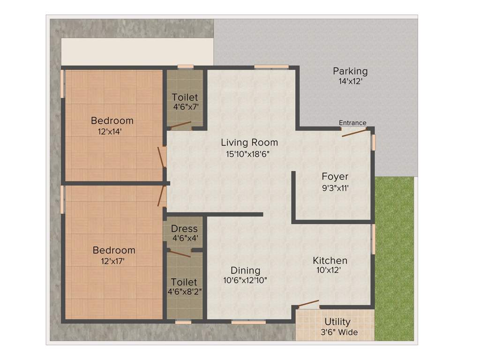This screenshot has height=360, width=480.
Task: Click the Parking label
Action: pyautogui.click(x=350, y=71)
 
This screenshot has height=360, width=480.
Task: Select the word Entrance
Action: pyautogui.click(x=352, y=123)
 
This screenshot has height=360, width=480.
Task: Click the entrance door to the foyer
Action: pyautogui.click(x=354, y=132)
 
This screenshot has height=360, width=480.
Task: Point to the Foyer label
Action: pyautogui.click(x=335, y=177)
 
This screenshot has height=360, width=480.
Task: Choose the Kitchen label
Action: pyautogui.click(x=330, y=261)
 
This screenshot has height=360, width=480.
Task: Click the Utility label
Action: pyautogui.click(x=337, y=322)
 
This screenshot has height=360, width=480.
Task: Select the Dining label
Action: pyautogui.click(x=245, y=270)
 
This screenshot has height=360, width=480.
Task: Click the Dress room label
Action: pyautogui.click(x=184, y=229)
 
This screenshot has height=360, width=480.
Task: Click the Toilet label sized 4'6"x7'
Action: pyautogui.click(x=185, y=97)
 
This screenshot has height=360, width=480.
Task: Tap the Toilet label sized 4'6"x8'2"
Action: pyautogui.click(x=184, y=282)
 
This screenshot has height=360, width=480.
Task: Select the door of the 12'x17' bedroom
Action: pyautogui.click(x=162, y=196)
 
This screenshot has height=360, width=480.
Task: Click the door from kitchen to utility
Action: pyautogui.click(x=308, y=304)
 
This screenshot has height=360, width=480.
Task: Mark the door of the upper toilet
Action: pyautogui.click(x=180, y=125)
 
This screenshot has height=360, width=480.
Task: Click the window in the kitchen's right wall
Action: pyautogui.click(x=374, y=239)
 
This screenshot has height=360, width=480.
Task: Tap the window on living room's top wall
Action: pyautogui.click(x=271, y=67)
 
